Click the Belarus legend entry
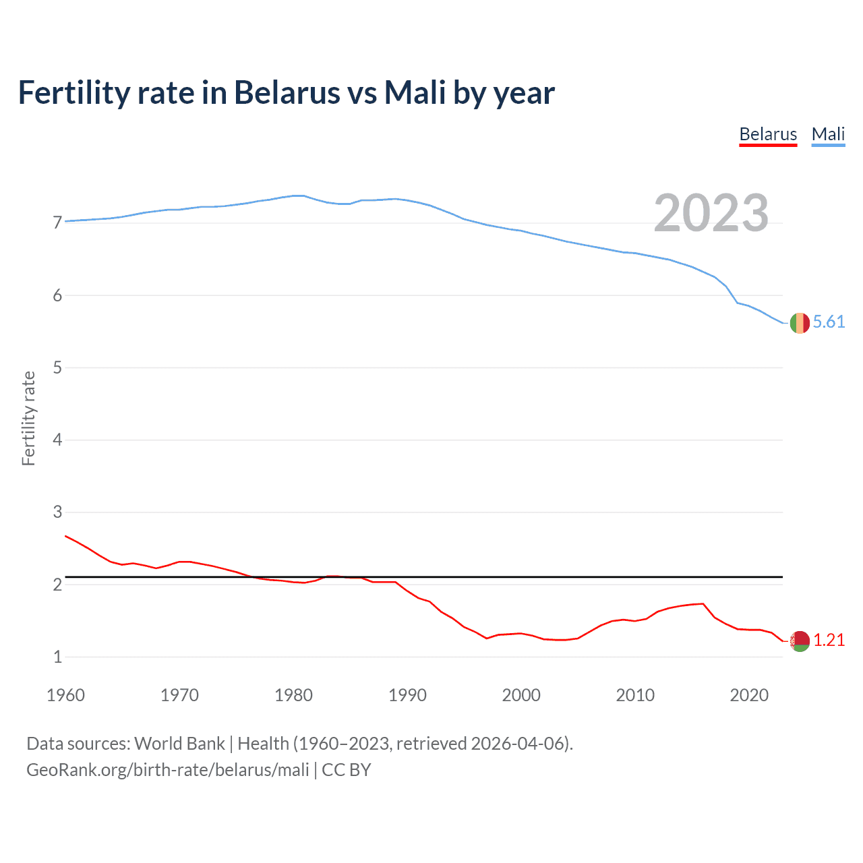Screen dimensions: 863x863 (768, 134)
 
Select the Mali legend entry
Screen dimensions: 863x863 (828, 134)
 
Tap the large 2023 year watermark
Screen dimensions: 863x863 (711, 213)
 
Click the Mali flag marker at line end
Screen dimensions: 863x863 (800, 323)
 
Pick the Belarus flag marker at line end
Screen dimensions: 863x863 (800, 641)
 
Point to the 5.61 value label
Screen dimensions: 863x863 (829, 322)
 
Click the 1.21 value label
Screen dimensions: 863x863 (829, 641)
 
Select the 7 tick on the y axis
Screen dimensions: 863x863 (57, 223)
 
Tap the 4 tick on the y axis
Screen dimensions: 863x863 (57, 440)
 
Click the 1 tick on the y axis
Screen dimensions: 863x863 (57, 657)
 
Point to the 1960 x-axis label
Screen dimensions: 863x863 (65, 695)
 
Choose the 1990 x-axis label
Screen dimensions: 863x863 (407, 695)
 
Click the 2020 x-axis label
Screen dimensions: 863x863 (749, 695)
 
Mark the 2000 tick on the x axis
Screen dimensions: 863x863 (521, 695)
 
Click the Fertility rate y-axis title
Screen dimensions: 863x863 (28, 418)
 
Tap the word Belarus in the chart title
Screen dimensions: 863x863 (287, 93)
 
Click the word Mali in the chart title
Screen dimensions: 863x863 (415, 93)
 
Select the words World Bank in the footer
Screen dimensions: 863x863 (179, 744)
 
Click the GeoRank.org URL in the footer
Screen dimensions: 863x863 (167, 770)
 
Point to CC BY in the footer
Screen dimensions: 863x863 (347, 770)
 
